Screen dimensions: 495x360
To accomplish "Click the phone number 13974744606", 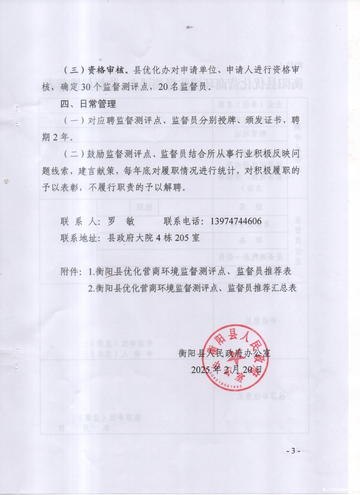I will [236, 221].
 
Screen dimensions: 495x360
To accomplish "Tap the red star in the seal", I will [235, 362].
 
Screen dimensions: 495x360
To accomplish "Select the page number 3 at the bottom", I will [293, 451].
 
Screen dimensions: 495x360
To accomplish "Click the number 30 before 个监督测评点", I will [86, 87].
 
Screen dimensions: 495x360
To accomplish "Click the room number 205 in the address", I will [182, 238].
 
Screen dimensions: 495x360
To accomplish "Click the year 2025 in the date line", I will [201, 370].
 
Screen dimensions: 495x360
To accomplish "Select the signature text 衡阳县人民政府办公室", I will [225, 353].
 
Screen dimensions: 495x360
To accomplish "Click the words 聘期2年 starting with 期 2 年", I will [56, 137].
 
